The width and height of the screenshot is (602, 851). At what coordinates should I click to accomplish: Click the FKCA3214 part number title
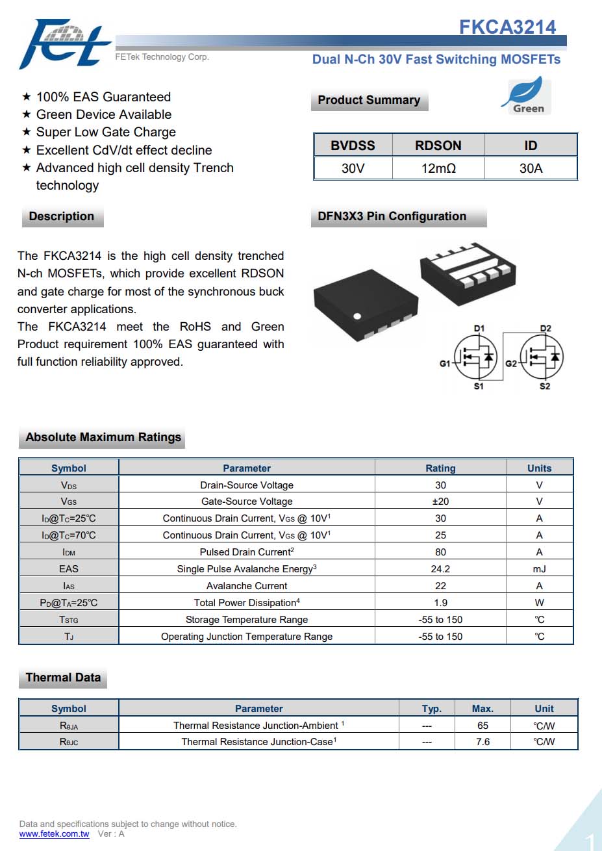tap(507, 27)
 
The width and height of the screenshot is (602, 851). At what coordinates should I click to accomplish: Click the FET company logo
tap(64, 44)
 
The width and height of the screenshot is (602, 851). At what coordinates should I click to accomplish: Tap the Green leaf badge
tap(527, 96)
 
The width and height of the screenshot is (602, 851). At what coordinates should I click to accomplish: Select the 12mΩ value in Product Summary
tap(438, 168)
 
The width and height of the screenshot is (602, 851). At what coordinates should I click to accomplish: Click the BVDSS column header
tap(353, 146)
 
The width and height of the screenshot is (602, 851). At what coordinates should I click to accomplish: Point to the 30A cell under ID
tap(531, 168)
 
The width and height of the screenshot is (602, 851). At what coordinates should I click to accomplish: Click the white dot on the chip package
tap(357, 316)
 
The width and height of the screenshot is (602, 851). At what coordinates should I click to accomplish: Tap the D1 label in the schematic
tap(479, 329)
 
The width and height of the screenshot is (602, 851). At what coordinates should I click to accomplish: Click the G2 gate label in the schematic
tap(511, 364)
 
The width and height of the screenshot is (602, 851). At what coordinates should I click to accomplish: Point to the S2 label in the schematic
tap(545, 387)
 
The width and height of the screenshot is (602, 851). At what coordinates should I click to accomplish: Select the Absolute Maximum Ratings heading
tap(103, 437)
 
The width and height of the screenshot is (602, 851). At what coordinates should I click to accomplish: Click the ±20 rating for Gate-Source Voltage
tap(440, 502)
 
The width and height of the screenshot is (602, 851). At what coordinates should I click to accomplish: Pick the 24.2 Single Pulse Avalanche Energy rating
tap(440, 569)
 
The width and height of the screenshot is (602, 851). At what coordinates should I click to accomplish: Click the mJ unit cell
tap(539, 569)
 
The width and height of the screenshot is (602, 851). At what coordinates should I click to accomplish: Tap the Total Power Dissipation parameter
tap(247, 603)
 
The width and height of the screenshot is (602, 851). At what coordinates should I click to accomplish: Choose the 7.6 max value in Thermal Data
tap(483, 742)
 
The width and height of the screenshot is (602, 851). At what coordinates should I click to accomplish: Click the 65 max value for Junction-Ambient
tap(483, 726)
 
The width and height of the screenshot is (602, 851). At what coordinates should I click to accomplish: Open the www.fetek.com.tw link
tap(54, 834)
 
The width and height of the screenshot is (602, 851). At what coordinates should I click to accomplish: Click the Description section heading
tap(62, 216)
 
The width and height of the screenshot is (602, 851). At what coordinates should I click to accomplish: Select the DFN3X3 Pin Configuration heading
tap(392, 216)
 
